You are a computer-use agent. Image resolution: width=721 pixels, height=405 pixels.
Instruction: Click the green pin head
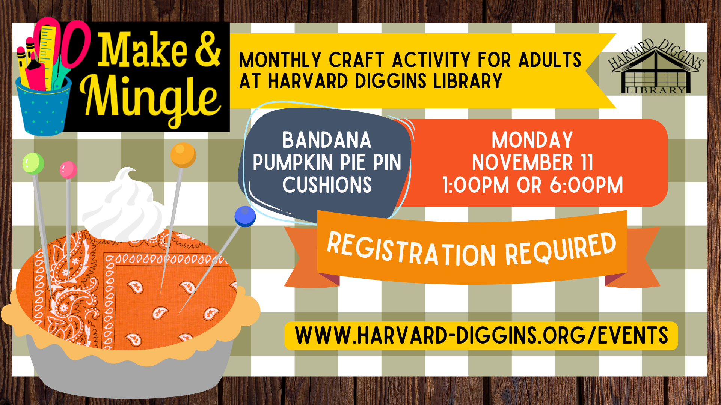point(33,163)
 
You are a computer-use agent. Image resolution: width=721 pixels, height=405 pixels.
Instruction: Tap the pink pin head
point(68,170)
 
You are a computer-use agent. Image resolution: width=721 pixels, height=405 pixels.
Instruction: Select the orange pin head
point(183,155)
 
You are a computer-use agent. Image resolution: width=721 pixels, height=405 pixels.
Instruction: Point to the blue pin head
point(245,216)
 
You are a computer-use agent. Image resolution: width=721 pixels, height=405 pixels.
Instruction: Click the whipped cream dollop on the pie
point(124,208)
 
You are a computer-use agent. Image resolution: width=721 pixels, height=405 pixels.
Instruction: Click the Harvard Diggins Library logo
point(656,66)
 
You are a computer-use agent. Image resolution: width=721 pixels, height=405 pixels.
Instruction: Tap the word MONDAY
point(532,140)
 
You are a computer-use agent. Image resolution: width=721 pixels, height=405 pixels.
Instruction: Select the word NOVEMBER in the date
point(522,163)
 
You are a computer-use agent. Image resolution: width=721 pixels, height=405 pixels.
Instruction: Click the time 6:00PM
point(586,185)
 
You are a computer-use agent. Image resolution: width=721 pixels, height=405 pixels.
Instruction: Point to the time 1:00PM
point(476,185)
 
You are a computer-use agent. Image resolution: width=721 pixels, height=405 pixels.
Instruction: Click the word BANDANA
point(327,140)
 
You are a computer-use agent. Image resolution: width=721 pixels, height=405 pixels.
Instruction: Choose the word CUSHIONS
point(327,185)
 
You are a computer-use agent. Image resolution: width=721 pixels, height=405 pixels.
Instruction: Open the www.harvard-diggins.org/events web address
point(481,336)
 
